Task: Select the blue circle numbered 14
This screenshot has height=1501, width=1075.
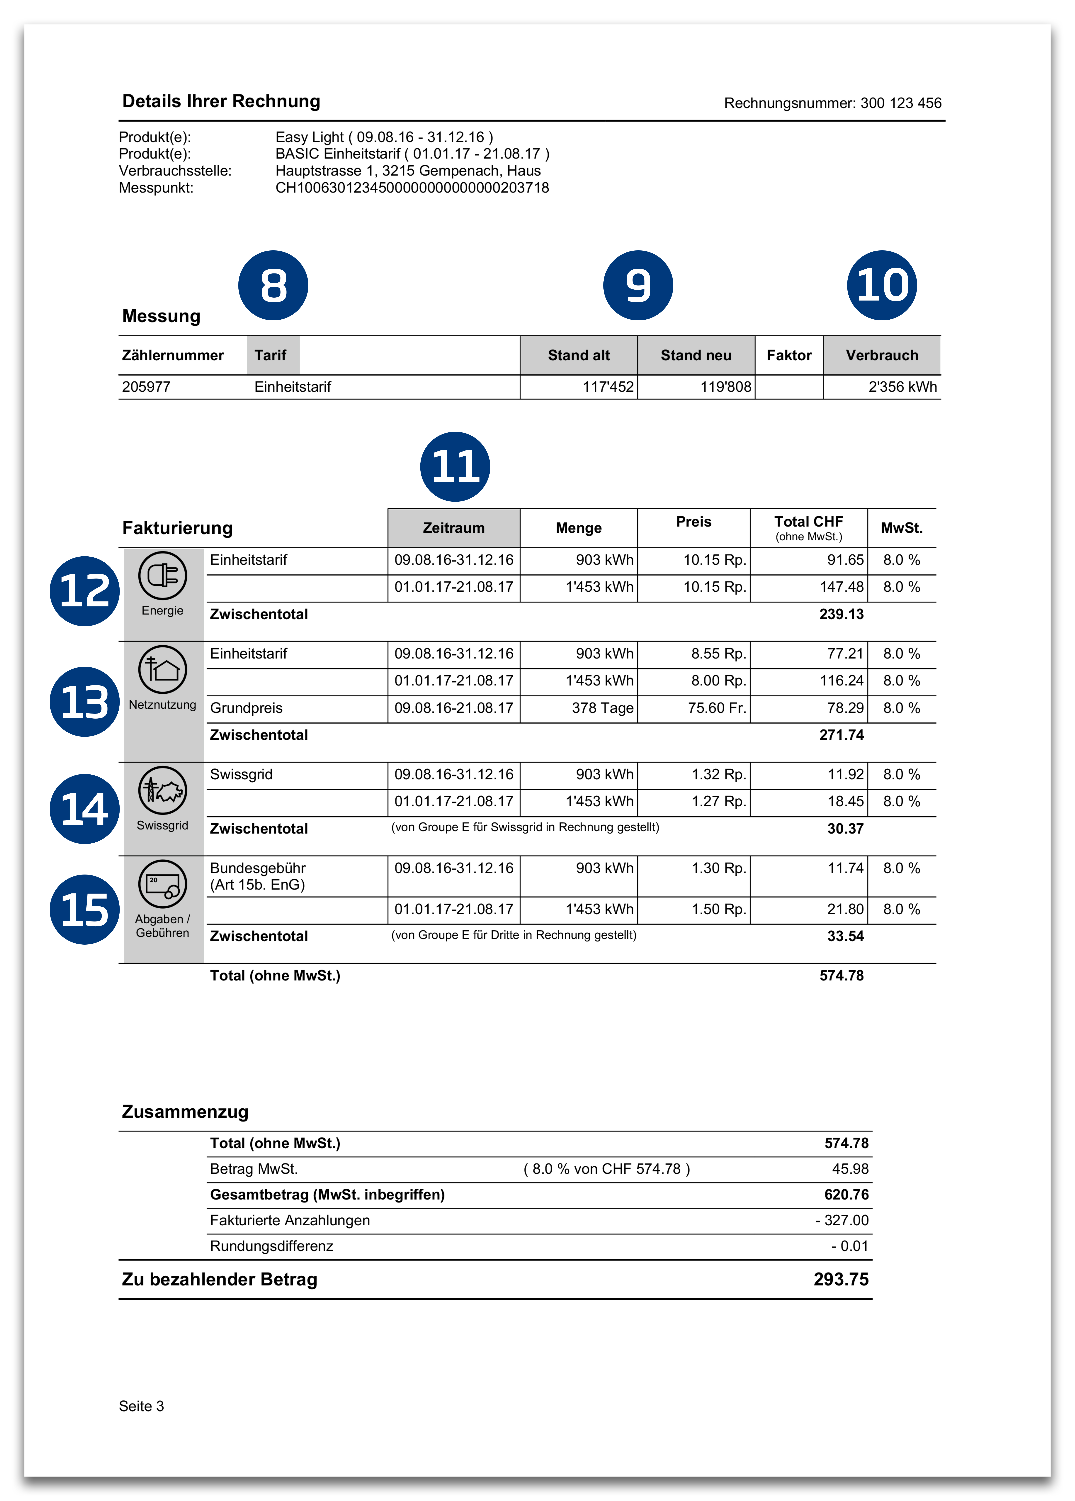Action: point(85,809)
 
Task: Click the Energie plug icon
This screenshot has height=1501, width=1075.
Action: point(162,575)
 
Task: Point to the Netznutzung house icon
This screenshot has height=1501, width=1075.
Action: point(162,669)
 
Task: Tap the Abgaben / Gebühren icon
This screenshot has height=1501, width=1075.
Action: point(162,883)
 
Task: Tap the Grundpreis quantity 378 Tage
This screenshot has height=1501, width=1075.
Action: point(602,708)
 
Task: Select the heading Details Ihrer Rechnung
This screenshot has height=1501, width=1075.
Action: point(221,101)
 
